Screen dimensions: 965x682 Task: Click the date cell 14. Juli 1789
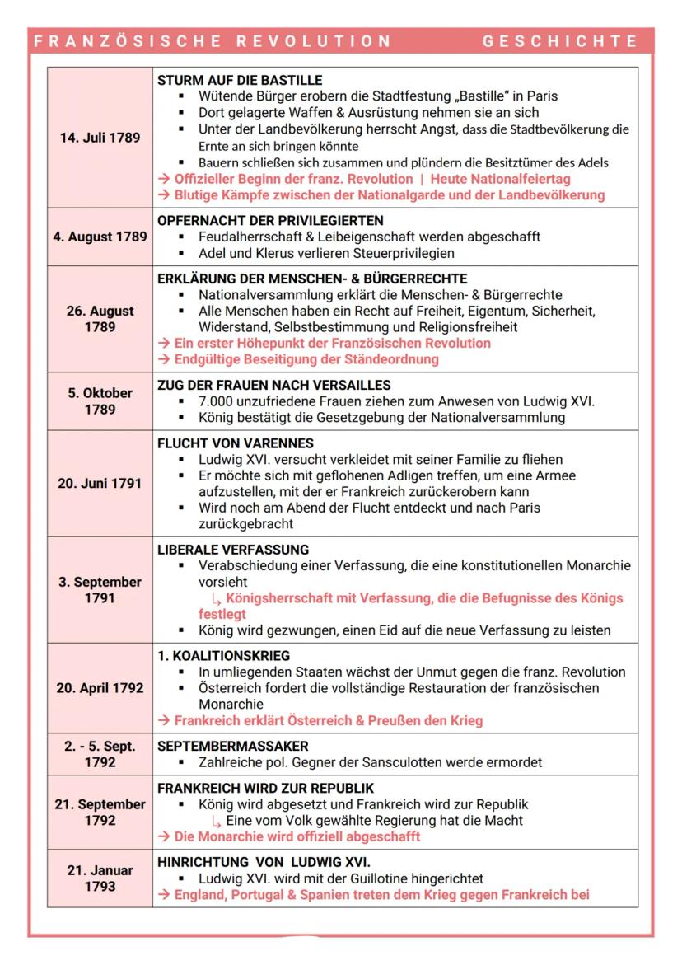point(99,138)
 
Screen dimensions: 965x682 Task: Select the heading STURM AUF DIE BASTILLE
point(240,81)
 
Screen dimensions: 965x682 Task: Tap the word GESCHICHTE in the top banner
point(560,41)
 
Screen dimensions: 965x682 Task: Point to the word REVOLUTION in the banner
point(317,41)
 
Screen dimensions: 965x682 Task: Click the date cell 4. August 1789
point(100,237)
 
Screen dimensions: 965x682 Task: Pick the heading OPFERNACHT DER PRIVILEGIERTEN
point(270,221)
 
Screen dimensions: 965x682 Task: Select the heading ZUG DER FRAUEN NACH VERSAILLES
point(274,386)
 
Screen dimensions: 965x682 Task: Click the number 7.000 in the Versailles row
point(216,401)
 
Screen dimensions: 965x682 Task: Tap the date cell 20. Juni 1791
point(99,484)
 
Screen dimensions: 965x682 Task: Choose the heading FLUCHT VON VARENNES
point(236,443)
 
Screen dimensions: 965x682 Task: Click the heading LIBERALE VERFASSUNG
point(233,550)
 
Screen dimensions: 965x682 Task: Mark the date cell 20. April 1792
point(100,688)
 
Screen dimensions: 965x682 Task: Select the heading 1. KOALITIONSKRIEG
point(223,656)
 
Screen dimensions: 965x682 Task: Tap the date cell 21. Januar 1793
point(100,878)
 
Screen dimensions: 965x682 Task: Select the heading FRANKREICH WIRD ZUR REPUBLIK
point(265,788)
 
